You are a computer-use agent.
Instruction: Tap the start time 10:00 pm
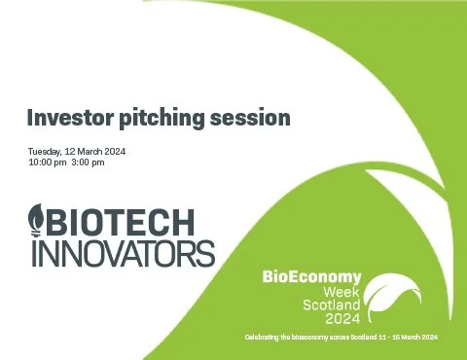48,162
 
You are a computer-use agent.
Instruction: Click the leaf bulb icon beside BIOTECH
37,220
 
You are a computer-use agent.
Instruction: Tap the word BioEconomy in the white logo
311,277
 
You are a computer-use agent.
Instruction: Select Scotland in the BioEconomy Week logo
331,304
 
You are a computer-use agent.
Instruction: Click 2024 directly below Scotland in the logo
342,317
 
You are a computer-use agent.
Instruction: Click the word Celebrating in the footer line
267,337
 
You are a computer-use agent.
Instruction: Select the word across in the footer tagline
359,337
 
